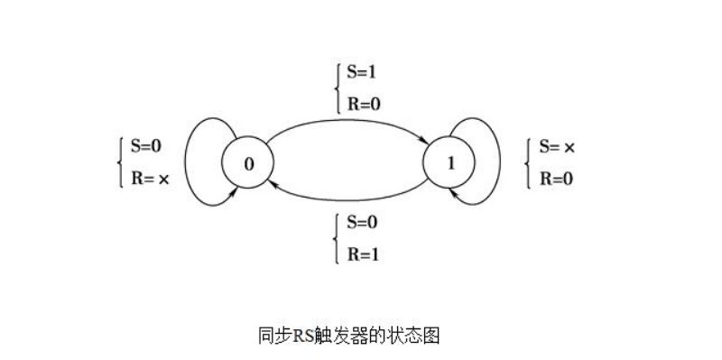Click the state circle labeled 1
coord(449,162)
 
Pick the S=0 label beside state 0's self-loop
coord(149,146)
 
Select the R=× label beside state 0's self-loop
coord(151,178)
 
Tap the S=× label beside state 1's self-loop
coord(557,146)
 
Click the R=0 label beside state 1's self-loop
coord(556,178)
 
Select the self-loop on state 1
coord(495,162)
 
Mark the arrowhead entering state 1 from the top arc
coord(424,139)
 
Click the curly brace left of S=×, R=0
coord(528,162)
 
